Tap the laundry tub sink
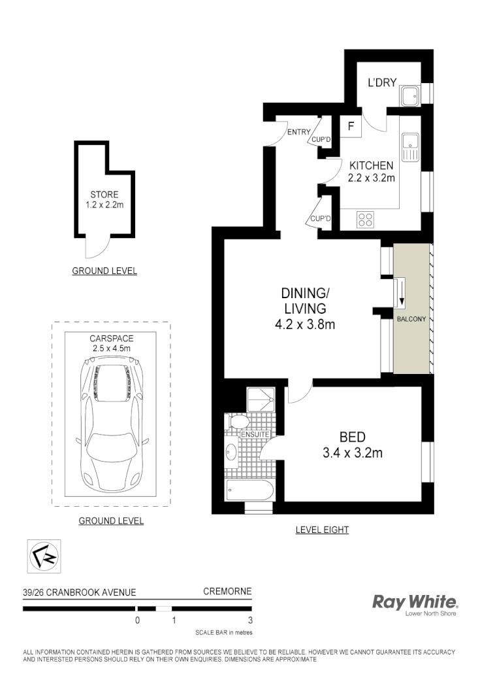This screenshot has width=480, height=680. (410, 96)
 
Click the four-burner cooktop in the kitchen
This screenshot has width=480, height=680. (365, 220)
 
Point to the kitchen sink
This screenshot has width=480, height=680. (410, 145)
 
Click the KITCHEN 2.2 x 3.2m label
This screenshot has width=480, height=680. (371, 171)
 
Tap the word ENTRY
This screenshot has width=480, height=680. (298, 132)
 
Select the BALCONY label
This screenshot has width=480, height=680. (411, 319)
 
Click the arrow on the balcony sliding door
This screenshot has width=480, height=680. (401, 293)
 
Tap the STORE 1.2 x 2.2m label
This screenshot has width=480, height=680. (104, 199)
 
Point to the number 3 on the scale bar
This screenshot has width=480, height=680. (250, 620)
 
